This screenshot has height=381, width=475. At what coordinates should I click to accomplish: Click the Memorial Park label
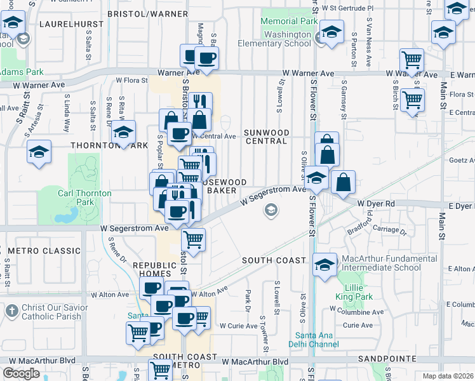click(289, 21)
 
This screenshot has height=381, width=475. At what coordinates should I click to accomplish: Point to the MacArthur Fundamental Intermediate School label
click(380, 263)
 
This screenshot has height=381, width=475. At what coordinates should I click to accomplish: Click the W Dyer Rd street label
click(377, 203)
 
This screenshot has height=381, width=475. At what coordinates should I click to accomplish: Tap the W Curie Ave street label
click(239, 326)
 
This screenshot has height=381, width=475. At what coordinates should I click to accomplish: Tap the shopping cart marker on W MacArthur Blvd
click(160, 370)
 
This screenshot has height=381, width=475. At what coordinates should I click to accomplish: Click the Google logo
click(21, 373)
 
